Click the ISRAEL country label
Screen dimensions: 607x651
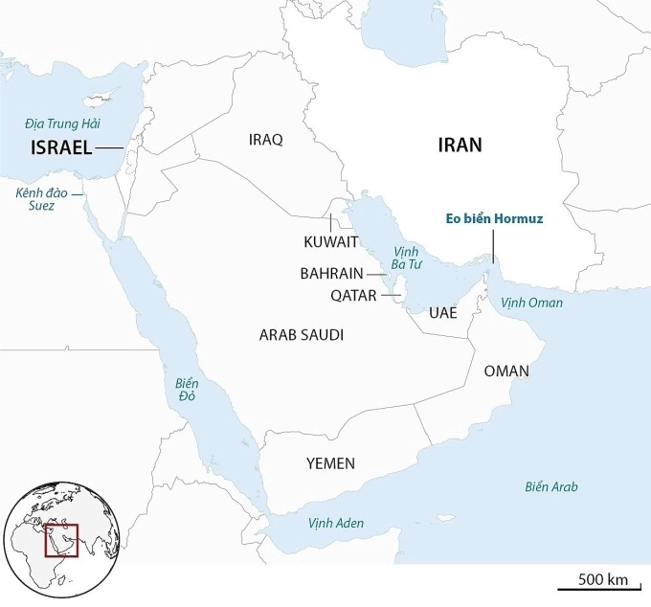[x=61, y=147]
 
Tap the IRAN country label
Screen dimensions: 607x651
[x=460, y=146]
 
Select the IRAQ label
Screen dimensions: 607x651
[x=265, y=140]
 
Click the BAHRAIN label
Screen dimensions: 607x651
[x=330, y=273]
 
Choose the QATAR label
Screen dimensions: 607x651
[x=353, y=296]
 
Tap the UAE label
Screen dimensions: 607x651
[x=443, y=313]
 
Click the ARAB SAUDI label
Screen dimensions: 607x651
[x=302, y=335]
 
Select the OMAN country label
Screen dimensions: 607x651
[x=506, y=371]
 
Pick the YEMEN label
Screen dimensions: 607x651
[x=330, y=463]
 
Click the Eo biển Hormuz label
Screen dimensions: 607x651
[x=495, y=219]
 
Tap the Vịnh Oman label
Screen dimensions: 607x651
[x=532, y=303]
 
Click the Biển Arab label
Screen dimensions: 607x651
[x=551, y=486]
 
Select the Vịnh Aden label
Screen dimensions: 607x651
[x=336, y=524]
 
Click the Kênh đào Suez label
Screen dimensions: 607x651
[x=35, y=199]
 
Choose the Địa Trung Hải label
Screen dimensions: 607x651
[x=63, y=123]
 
